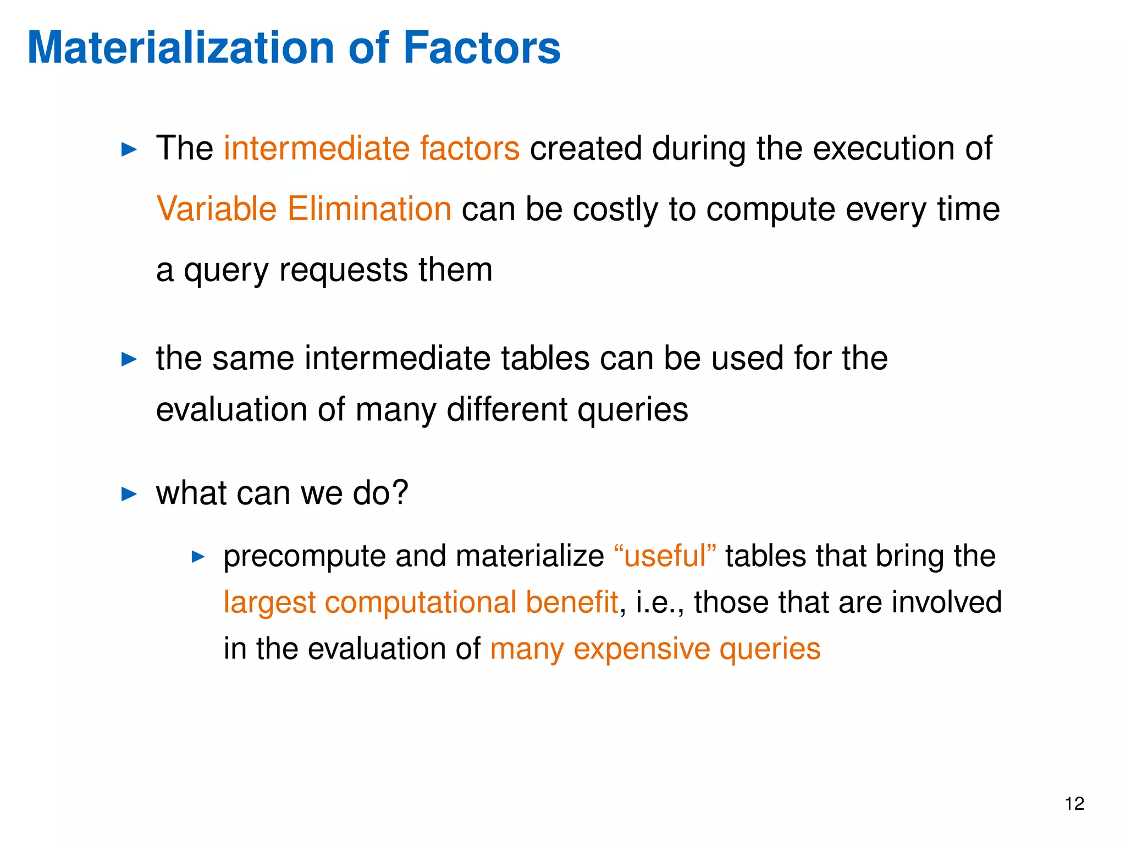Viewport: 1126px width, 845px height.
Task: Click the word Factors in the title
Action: (x=482, y=48)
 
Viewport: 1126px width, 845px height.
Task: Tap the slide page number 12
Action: (x=1074, y=804)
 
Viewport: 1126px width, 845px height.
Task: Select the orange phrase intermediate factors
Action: (x=371, y=149)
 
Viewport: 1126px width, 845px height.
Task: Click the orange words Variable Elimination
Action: (x=303, y=209)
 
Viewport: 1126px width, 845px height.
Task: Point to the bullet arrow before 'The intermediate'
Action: (x=129, y=149)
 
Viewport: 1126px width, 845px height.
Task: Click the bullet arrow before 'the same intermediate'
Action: (x=129, y=359)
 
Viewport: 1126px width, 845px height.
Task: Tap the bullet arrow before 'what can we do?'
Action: (x=129, y=493)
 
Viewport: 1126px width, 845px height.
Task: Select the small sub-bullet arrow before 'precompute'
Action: (x=198, y=557)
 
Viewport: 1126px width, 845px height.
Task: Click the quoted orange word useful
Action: (x=665, y=556)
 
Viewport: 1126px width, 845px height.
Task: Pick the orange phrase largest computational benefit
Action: (x=421, y=602)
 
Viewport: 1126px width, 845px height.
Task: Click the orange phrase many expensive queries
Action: (x=655, y=649)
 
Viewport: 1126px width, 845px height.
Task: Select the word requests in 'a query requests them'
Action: (x=343, y=271)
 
